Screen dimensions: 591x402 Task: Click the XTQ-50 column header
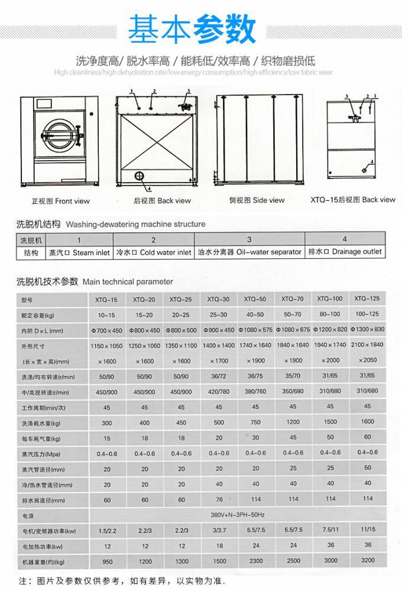click(255, 299)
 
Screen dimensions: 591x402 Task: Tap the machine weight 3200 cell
click(368, 559)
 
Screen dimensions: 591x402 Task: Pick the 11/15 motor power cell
click(368, 530)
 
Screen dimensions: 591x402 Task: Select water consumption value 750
click(255, 422)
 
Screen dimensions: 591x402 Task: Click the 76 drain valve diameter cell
click(219, 499)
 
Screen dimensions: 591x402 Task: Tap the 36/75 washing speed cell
click(255, 376)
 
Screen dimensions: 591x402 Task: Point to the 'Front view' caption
click(61, 201)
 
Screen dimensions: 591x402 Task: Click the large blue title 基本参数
click(193, 27)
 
